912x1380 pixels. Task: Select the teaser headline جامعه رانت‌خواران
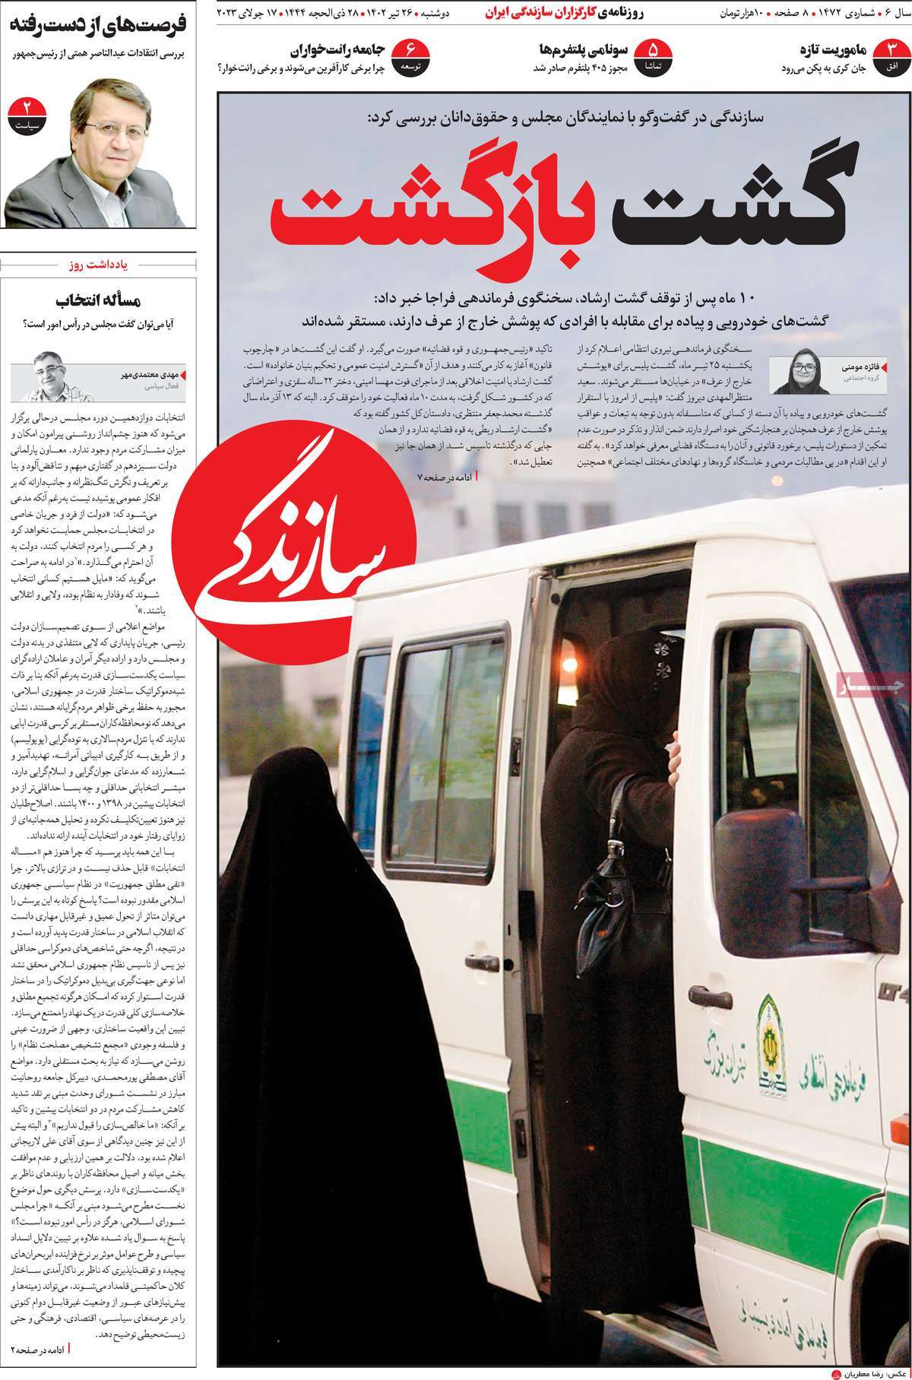pos(337,51)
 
